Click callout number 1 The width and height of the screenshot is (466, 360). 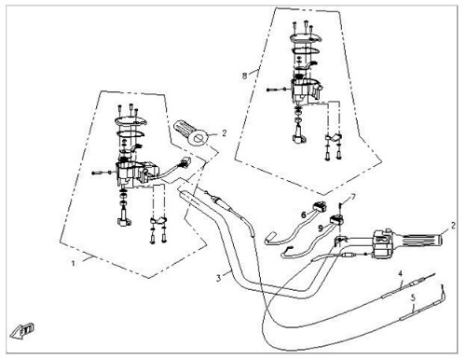point(74,263)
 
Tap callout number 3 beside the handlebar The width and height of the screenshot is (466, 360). point(219,278)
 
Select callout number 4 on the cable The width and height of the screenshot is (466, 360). point(401,273)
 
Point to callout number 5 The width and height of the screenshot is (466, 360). point(413,298)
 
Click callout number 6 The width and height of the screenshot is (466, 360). point(304,215)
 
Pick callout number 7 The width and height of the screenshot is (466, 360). point(353,197)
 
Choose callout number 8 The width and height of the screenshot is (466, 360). point(244,76)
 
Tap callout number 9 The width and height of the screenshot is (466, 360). point(320,228)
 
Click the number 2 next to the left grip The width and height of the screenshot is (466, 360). point(225,133)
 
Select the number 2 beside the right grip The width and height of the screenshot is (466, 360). point(453,226)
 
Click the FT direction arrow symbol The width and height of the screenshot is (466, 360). point(21,331)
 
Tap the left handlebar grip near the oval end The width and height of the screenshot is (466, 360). point(191,132)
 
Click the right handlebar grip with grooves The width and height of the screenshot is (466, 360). point(421,240)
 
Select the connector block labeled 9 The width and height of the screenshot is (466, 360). point(336,220)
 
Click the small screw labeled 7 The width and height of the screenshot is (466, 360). point(341,206)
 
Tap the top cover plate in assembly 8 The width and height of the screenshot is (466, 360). point(305,38)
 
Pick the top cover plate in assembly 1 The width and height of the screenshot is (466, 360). point(130,121)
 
